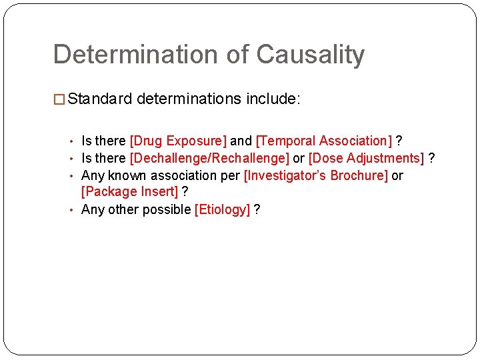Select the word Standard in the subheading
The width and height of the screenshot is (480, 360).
[100, 100]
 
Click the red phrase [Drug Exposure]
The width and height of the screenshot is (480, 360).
[178, 141]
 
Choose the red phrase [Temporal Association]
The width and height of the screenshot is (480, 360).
[324, 141]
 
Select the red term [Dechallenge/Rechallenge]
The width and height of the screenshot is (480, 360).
[209, 158]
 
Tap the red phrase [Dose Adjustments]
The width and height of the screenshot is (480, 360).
[366, 158]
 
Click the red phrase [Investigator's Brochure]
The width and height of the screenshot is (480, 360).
[315, 175]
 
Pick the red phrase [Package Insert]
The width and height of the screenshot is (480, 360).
[130, 192]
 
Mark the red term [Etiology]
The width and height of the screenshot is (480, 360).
[222, 209]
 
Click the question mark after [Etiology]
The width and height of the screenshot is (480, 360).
[257, 209]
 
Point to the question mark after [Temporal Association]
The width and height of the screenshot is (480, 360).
[399, 141]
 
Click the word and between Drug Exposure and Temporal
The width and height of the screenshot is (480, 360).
[241, 141]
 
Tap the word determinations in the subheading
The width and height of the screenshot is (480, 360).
[189, 100]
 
